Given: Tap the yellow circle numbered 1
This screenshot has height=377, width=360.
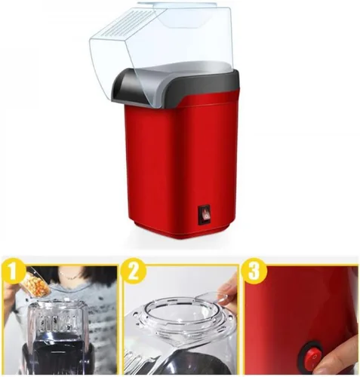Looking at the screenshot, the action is click(14, 272).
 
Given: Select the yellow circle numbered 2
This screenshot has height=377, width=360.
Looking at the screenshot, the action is click(134, 271).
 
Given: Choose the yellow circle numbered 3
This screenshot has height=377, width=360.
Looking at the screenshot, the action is click(254, 271).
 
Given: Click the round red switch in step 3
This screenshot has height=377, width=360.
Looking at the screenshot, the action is click(311, 354).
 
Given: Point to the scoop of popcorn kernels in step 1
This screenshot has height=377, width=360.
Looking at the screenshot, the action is click(37, 284).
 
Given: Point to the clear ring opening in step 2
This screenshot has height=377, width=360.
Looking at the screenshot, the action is click(173, 311).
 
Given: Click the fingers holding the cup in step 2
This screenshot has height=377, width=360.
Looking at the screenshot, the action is click(229, 289).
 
